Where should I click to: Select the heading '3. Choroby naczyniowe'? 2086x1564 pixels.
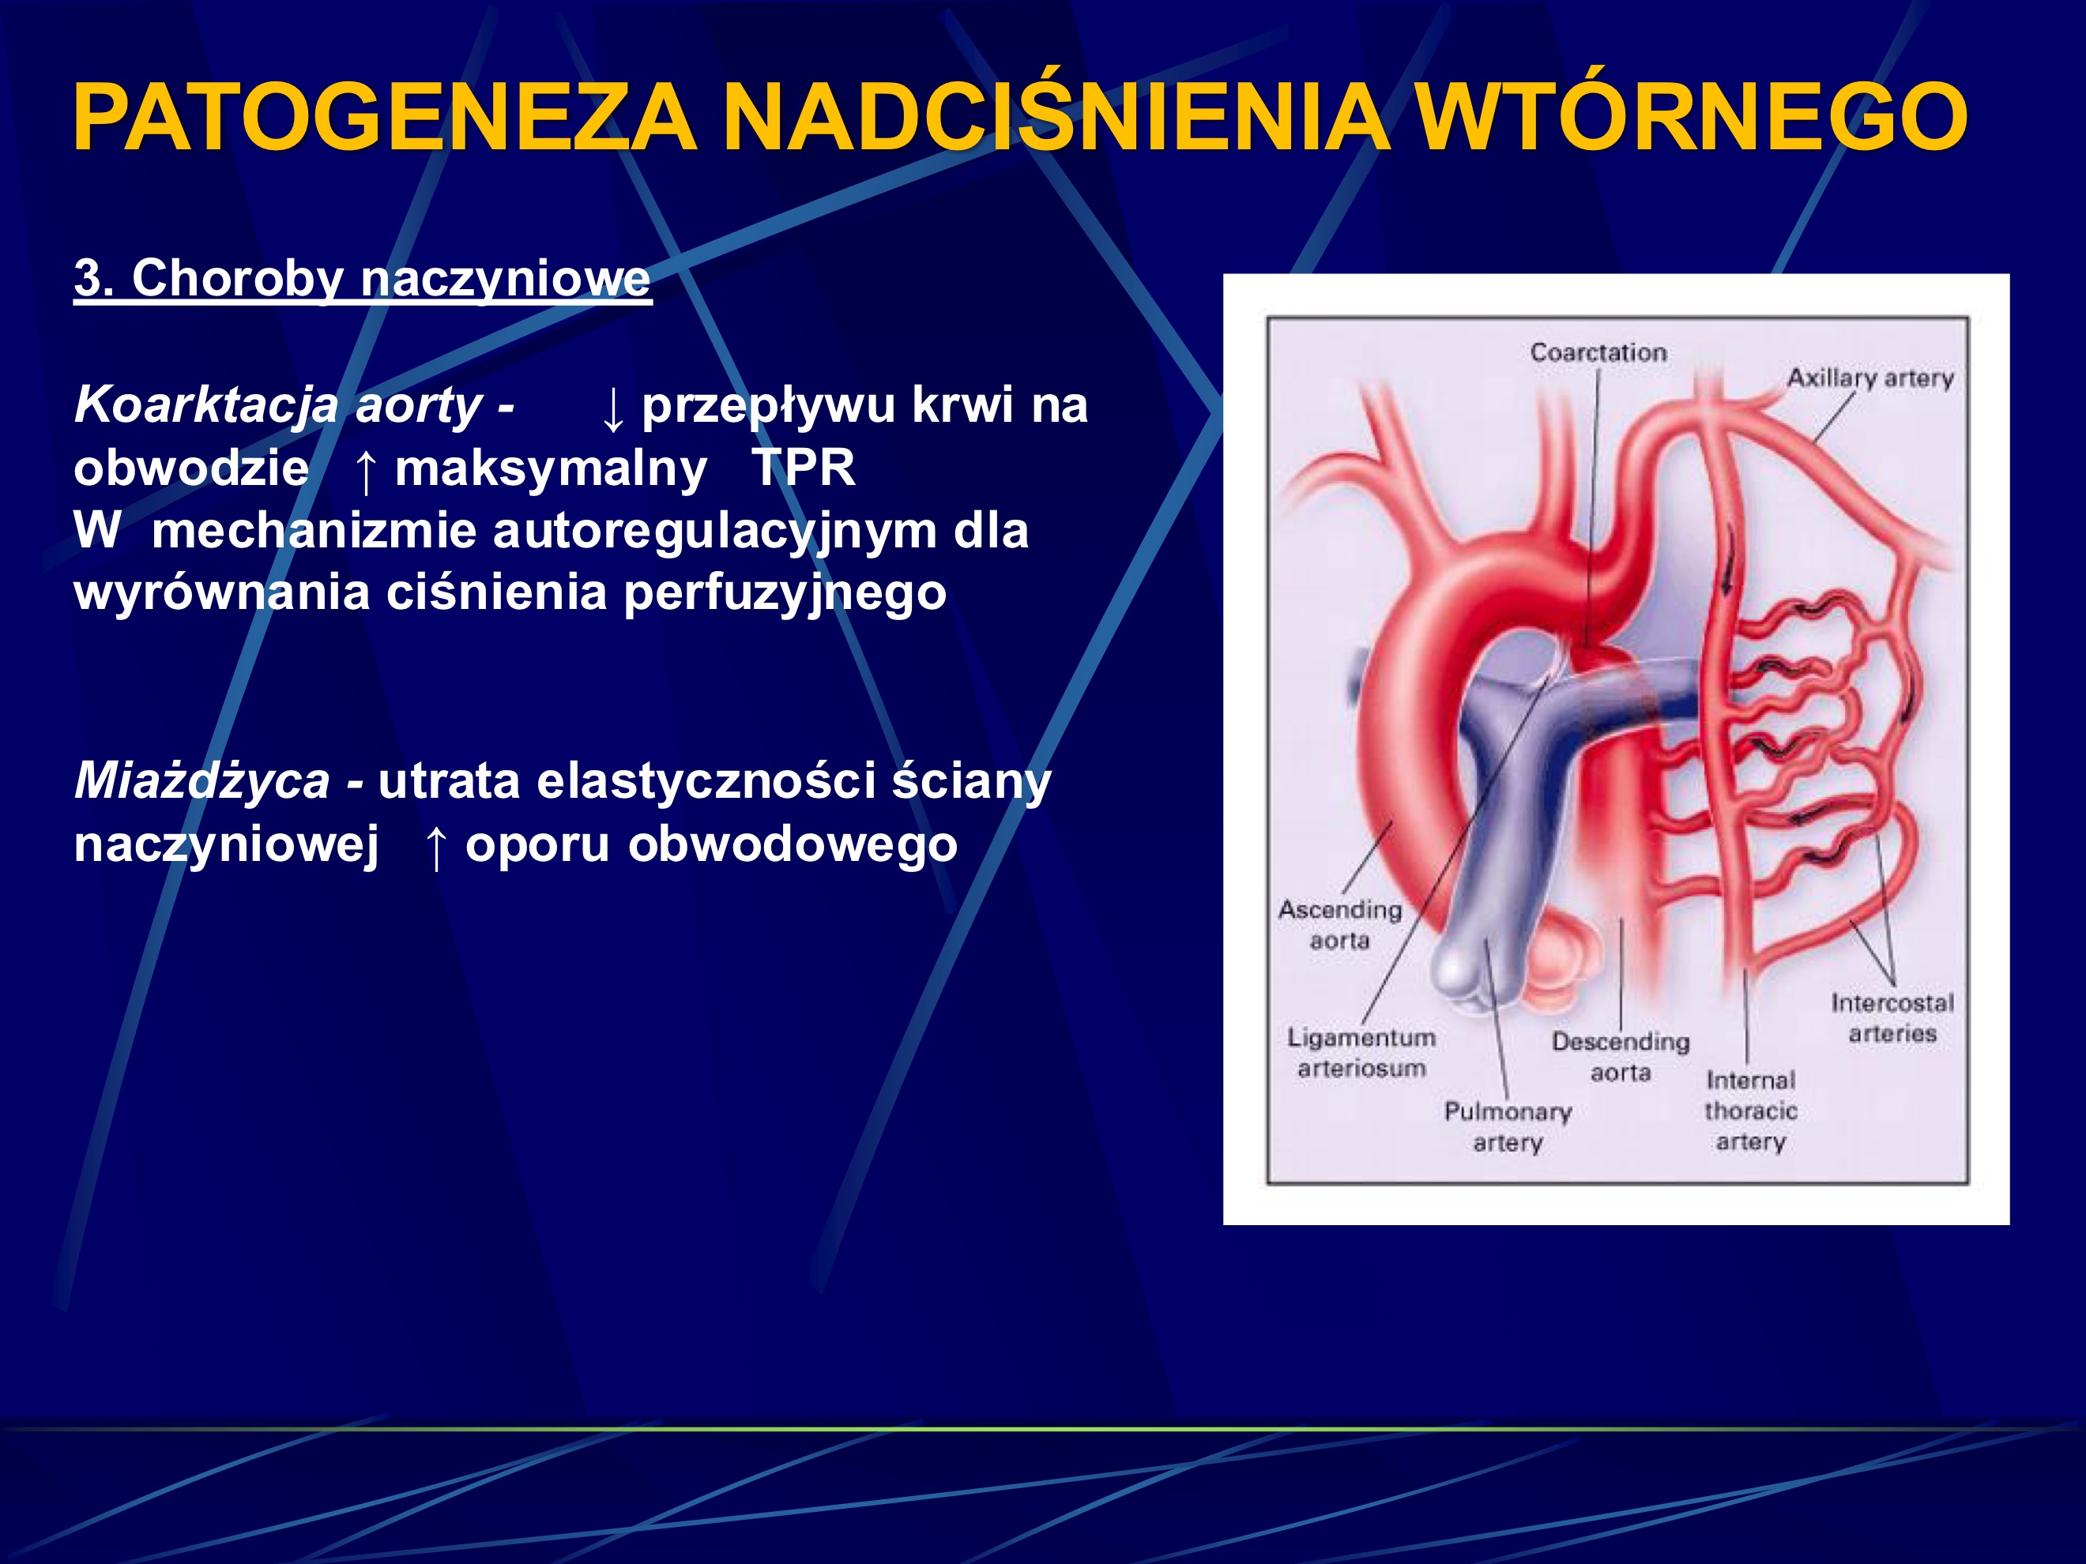pyautogui.click(x=362, y=279)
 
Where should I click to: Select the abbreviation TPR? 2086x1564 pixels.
pyautogui.click(x=803, y=468)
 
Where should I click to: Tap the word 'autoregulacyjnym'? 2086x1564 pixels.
pyautogui.click(x=714, y=531)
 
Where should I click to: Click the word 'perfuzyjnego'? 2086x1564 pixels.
pyautogui.click(x=785, y=593)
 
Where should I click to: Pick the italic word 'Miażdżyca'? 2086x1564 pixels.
pyautogui.click(x=201, y=780)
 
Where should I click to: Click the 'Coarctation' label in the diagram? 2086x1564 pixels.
pyautogui.click(x=1598, y=352)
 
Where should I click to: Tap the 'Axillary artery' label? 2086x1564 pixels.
pyautogui.click(x=1870, y=378)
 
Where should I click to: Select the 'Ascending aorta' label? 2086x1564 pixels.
pyautogui.click(x=1339, y=925)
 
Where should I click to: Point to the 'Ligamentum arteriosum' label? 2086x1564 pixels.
pyautogui.click(x=1361, y=1053)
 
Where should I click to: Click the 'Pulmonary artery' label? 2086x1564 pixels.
pyautogui.click(x=1507, y=1126)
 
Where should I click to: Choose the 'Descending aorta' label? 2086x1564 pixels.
pyautogui.click(x=1620, y=1057)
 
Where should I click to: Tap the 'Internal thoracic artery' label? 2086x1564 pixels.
pyautogui.click(x=1750, y=1111)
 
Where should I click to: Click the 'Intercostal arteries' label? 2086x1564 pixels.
pyautogui.click(x=1892, y=1018)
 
